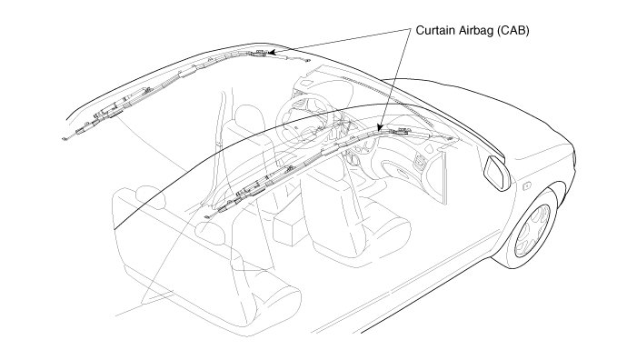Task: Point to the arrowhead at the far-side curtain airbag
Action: pos(272,52)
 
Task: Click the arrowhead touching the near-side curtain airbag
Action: pos(380,127)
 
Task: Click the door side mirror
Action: pos(496,173)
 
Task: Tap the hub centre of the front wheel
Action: pos(532,230)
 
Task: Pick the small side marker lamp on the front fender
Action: pos(526,186)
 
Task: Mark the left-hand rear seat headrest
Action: pos(150,197)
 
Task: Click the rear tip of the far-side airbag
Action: pos(65,139)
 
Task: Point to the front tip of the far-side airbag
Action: pos(307,61)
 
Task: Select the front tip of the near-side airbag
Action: pos(450,139)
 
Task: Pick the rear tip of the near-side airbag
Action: pos(206,216)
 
